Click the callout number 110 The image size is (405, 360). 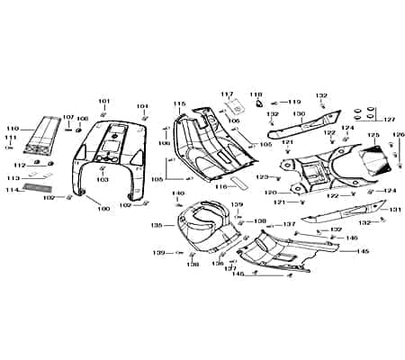click(x=12, y=129)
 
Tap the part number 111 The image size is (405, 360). click(x=12, y=138)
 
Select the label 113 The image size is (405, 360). click(x=12, y=178)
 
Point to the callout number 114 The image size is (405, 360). click(x=12, y=190)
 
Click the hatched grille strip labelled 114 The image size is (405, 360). click(x=38, y=189)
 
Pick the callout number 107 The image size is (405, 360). click(x=67, y=117)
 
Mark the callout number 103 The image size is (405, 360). click(x=103, y=180)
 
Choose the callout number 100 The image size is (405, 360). click(x=103, y=209)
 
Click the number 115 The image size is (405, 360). click(x=179, y=103)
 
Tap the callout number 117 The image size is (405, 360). click(x=227, y=94)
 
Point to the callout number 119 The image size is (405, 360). click(x=294, y=103)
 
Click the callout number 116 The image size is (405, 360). click(x=219, y=187)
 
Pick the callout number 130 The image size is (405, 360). click(x=298, y=114)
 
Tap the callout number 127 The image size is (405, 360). click(x=390, y=120)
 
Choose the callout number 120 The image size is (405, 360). click(x=270, y=193)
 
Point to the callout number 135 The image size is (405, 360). click(x=156, y=225)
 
